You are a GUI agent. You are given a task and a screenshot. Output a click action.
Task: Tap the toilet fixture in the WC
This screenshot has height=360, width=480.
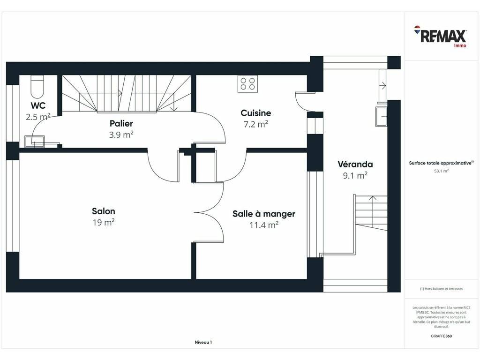point(37,87)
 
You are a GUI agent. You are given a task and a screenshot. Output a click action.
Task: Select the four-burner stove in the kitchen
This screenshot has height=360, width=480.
point(247,83)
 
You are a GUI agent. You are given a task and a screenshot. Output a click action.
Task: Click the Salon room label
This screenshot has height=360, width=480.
point(104,211)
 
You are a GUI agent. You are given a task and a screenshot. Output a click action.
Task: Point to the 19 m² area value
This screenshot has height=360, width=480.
point(104,223)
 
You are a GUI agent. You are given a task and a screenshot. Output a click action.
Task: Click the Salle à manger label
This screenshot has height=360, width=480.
point(264,214)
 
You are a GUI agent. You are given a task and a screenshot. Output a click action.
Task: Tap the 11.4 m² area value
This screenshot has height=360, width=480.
point(264,225)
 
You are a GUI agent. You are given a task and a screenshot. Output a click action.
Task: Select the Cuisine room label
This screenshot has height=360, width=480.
point(256,113)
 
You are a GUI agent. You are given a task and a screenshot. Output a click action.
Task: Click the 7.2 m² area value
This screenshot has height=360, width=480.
point(256,124)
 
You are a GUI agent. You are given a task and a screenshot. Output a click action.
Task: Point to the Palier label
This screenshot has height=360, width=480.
point(121,124)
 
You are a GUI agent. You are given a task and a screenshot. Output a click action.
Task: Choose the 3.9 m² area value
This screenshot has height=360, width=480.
point(121,135)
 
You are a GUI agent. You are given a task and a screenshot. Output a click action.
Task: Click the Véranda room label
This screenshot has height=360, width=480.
point(355,165)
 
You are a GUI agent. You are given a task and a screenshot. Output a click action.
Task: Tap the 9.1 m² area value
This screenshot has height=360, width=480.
point(355,175)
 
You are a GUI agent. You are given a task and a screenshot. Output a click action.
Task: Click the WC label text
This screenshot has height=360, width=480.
point(38,105)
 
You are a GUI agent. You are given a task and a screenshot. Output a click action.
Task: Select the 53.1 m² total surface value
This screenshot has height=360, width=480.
point(442,171)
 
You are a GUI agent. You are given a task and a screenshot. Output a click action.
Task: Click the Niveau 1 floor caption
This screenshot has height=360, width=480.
point(203,342)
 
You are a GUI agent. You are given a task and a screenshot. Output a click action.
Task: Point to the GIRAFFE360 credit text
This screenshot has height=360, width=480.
point(441,336)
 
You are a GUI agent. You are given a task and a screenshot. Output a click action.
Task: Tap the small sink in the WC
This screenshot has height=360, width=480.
point(35,142)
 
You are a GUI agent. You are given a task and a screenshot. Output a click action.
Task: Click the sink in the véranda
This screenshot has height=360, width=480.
point(382,116)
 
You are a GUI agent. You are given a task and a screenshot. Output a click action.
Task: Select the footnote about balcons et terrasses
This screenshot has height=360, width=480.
point(441,289)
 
